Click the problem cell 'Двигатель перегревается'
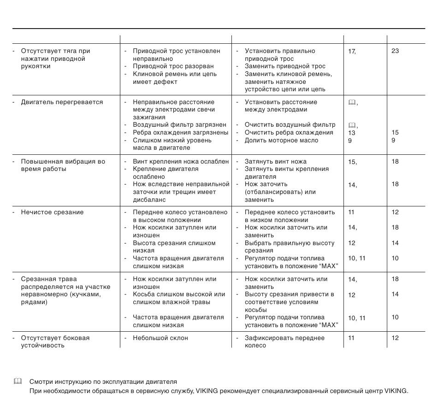[x=62, y=102]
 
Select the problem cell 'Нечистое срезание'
[x=52, y=212]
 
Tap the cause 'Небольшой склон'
[x=160, y=338]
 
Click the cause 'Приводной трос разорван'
[x=173, y=66]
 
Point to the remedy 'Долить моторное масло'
[x=281, y=141]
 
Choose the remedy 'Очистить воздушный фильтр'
[x=290, y=125]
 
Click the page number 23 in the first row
[x=395, y=51]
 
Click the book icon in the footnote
[x=18, y=382]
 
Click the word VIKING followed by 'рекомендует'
[x=207, y=392]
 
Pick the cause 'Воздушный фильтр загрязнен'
[x=179, y=125]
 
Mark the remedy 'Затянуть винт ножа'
[x=275, y=162]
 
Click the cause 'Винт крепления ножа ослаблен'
[x=181, y=162]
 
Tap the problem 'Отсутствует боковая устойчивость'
[x=55, y=342]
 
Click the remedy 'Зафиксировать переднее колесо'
[x=284, y=342]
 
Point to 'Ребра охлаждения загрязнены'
[x=180, y=133]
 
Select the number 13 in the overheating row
[x=351, y=133]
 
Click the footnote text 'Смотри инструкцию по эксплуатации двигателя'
[x=103, y=382]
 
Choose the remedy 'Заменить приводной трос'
[x=285, y=66]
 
